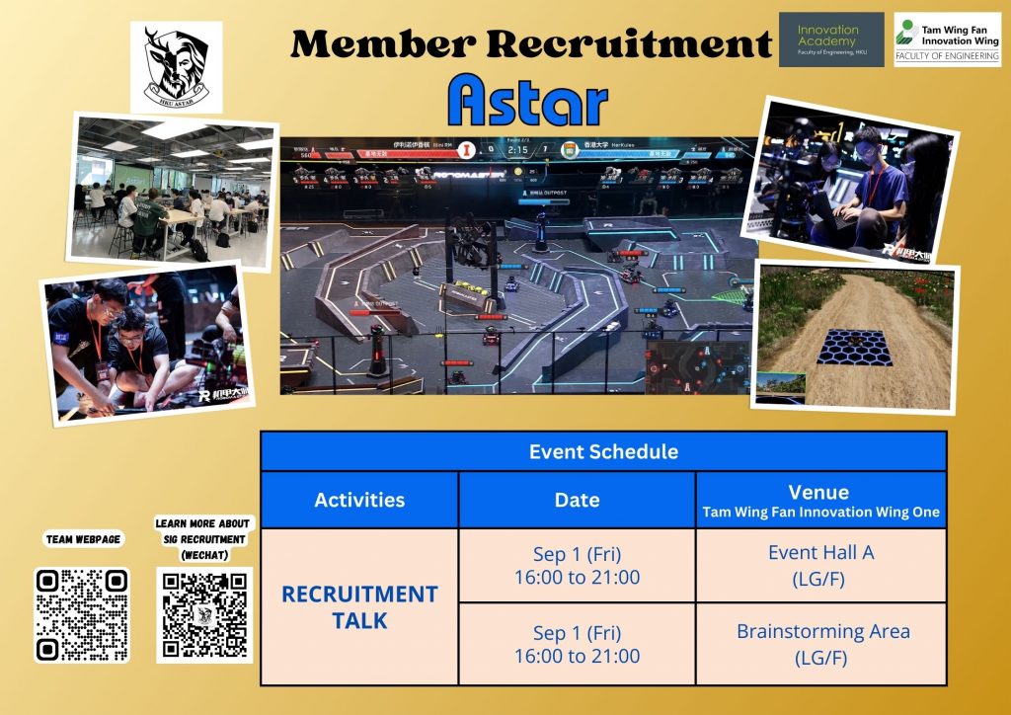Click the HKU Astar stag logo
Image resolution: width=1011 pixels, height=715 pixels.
(176, 66)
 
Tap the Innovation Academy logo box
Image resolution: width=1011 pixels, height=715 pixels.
(831, 40)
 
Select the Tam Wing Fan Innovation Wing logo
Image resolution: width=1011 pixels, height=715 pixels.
(947, 40)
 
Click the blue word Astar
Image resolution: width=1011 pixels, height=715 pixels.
(527, 102)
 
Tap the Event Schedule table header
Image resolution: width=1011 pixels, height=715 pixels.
(603, 451)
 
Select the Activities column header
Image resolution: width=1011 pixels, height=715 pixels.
(359, 500)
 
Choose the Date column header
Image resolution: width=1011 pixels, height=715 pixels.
(577, 500)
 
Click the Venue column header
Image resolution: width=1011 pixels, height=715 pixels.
(820, 500)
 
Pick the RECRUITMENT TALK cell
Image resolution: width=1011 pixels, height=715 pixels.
(359, 606)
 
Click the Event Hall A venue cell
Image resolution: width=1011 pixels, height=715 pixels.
(820, 565)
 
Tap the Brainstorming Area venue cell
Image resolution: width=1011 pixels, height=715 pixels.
(820, 643)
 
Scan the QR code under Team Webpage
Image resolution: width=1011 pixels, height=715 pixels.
(82, 614)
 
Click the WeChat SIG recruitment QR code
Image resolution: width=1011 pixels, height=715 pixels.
(203, 614)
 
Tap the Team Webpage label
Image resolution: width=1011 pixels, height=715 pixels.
(82, 539)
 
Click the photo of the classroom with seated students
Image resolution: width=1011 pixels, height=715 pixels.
(173, 189)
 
